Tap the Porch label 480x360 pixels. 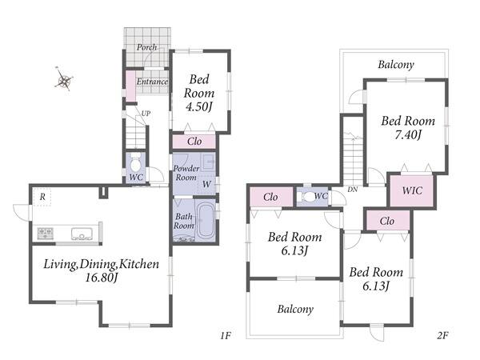147,47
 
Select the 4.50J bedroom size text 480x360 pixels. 199,106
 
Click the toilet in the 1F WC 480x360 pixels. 135,163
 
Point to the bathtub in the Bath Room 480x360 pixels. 205,221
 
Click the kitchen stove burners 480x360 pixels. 46,234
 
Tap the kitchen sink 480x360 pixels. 82,234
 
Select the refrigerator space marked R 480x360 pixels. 42,197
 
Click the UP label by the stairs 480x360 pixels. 146,114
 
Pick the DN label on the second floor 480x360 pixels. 352,190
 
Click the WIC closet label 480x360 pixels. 412,190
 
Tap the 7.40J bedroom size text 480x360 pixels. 408,134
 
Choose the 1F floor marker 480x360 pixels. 226,336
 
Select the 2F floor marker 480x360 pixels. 442,336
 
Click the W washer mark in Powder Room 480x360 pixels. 206,184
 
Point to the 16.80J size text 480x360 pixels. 102,278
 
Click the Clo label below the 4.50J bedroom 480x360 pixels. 194,141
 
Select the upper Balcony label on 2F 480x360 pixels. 396,65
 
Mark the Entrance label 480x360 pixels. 152,82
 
